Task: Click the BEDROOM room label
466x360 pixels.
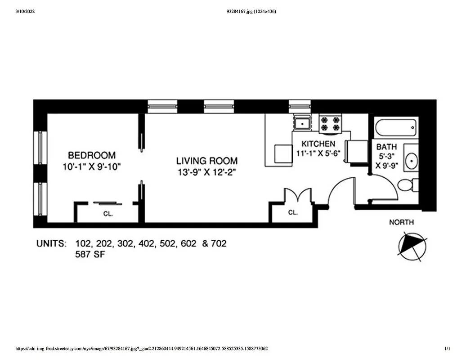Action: pyautogui.click(x=92, y=155)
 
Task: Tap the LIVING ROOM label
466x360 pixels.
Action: pyautogui.click(x=206, y=161)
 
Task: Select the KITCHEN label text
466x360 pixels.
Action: pyautogui.click(x=318, y=144)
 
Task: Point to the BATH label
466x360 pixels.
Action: pyautogui.click(x=386, y=147)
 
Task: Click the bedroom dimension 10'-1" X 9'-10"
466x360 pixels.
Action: pyautogui.click(x=92, y=166)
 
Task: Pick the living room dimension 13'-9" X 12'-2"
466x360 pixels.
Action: pyautogui.click(x=206, y=172)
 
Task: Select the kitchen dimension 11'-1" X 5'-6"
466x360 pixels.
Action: pyautogui.click(x=318, y=153)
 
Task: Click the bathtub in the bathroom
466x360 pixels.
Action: pyautogui.click(x=395, y=128)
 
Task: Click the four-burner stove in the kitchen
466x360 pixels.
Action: pyautogui.click(x=330, y=124)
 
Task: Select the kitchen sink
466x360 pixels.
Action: pyautogui.click(x=301, y=122)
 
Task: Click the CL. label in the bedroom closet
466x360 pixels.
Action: pyautogui.click(x=108, y=214)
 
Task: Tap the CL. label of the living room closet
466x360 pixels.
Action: pyautogui.click(x=293, y=212)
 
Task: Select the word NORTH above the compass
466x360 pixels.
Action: pyautogui.click(x=401, y=222)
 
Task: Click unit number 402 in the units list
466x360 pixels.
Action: pyautogui.click(x=148, y=244)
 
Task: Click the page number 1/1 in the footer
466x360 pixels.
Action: pyautogui.click(x=447, y=349)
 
